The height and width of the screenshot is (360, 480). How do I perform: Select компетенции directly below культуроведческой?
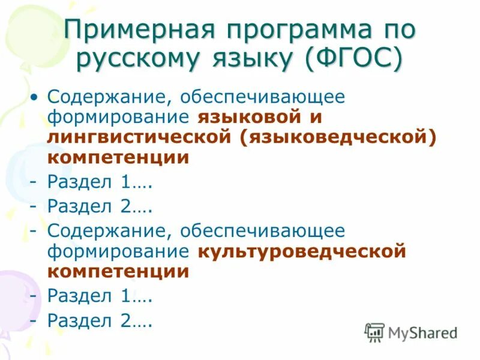click(118, 272)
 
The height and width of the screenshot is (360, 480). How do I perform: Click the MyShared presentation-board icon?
click(374, 332)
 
